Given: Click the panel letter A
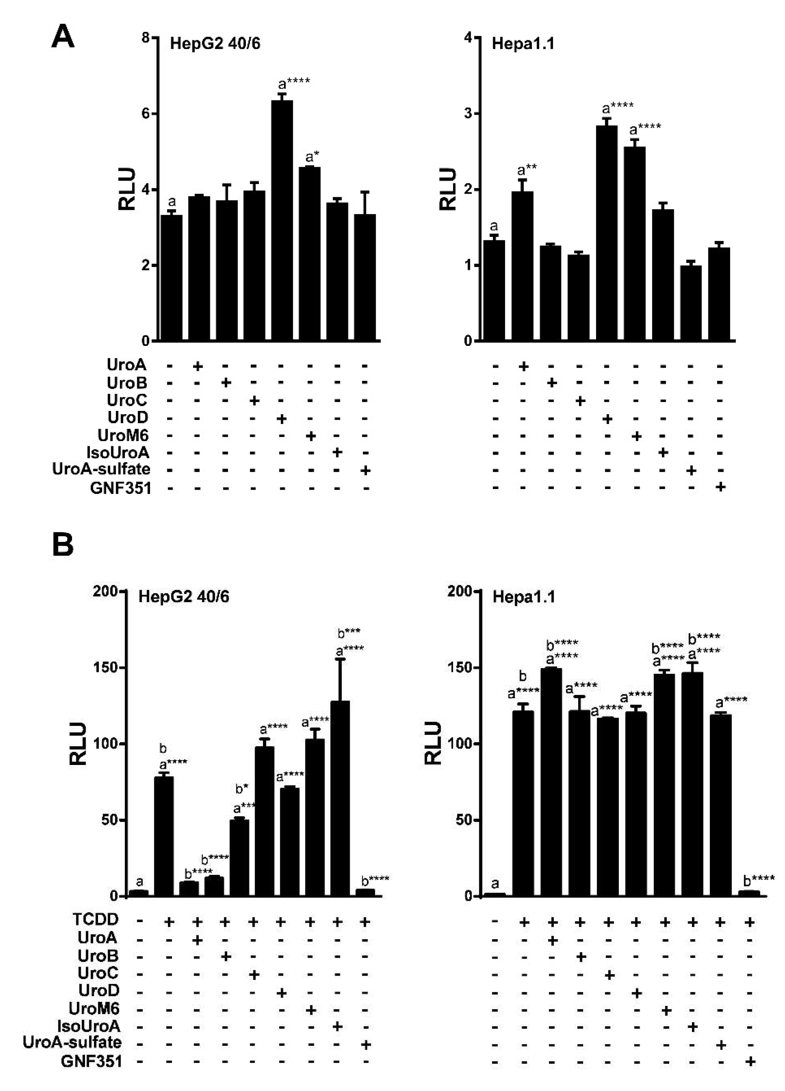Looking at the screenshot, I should (x=63, y=37).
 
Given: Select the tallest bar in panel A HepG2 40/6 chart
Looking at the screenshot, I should (x=282, y=221).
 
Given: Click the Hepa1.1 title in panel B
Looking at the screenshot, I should (x=523, y=597).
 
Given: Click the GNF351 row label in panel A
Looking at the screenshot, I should (x=121, y=488).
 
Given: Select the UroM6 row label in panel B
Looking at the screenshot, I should (x=94, y=1008).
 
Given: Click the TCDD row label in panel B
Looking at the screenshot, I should (x=95, y=919).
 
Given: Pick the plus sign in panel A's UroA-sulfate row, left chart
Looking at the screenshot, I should (x=365, y=470).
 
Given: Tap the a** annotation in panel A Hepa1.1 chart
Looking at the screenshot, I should (x=527, y=169).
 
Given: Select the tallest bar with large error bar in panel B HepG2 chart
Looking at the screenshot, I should (x=340, y=799).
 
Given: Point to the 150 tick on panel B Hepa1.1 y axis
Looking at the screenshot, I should (x=463, y=668).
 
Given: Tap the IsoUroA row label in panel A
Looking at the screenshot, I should (x=118, y=453).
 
